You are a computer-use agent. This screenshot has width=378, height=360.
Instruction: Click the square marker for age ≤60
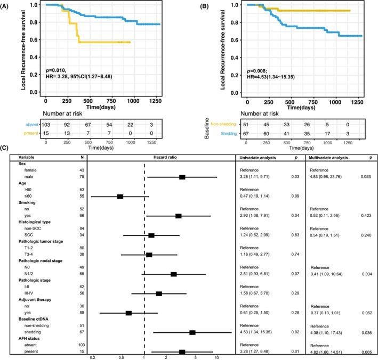coord(120,197)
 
